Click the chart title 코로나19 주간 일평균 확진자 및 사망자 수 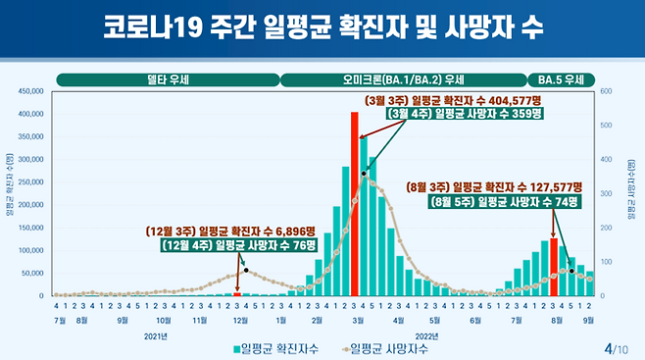point(322,28)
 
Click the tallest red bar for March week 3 point(354,204)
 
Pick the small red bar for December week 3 point(236,293)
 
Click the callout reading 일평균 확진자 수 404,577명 point(454,101)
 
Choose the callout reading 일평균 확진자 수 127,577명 point(495,187)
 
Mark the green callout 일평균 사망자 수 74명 point(505,202)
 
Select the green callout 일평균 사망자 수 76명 point(233,245)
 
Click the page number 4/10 point(619,347)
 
